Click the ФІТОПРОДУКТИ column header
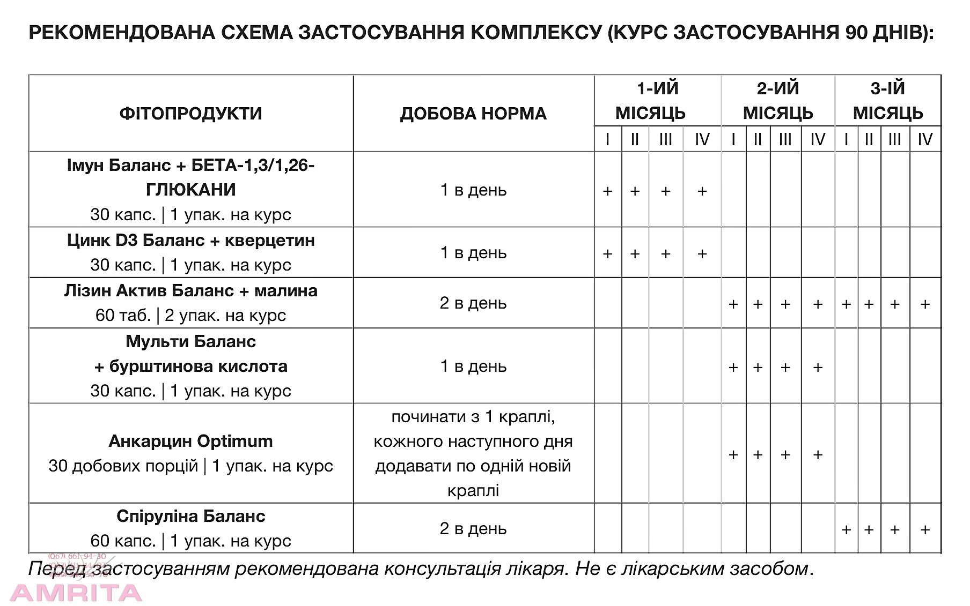pyautogui.click(x=190, y=114)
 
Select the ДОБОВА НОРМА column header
pyautogui.click(x=473, y=114)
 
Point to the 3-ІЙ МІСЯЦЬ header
pyautogui.click(x=888, y=101)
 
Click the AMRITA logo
pyautogui.click(x=76, y=593)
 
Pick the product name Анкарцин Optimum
pyautogui.click(x=190, y=441)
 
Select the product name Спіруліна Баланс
pyautogui.click(x=190, y=516)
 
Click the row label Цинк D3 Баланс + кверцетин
pyautogui.click(x=190, y=240)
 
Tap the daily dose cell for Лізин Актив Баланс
pyautogui.click(x=473, y=303)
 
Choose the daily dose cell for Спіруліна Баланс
pyautogui.click(x=473, y=528)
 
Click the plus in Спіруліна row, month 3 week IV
pyautogui.click(x=925, y=530)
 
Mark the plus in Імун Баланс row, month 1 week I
pyautogui.click(x=607, y=191)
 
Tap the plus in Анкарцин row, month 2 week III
pyautogui.click(x=785, y=455)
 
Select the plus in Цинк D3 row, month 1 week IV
pyautogui.click(x=702, y=254)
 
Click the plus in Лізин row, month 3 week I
pyautogui.click(x=846, y=304)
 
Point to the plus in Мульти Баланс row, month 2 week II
pyautogui.click(x=758, y=368)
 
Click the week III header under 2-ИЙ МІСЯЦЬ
pyautogui.click(x=785, y=140)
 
